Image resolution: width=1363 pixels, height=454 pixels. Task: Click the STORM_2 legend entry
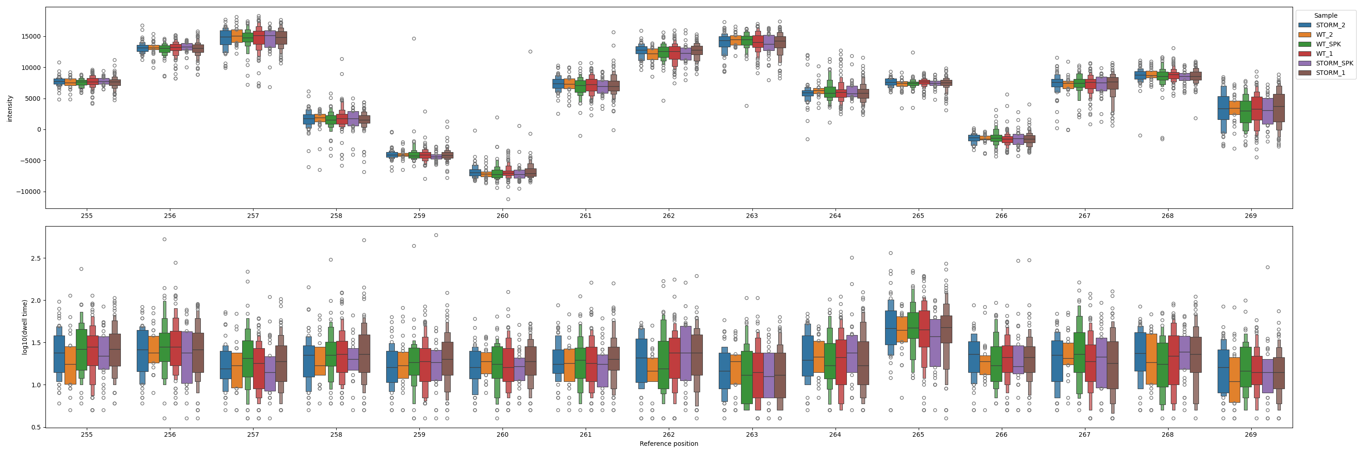point(1330,25)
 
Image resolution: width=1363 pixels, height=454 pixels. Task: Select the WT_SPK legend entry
point(1328,44)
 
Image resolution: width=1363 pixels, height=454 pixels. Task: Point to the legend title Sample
point(1325,15)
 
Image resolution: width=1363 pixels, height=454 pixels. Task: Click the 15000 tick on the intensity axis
point(31,36)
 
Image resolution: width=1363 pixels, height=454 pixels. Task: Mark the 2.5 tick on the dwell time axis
point(35,258)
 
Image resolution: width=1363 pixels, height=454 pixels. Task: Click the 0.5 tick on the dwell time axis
point(35,427)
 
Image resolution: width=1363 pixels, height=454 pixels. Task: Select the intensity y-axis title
point(10,109)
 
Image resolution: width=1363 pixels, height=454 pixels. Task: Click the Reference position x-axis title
point(668,444)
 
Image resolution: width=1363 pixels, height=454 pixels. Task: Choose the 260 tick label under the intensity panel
point(502,216)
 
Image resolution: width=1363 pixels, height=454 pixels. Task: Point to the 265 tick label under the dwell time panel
point(918,434)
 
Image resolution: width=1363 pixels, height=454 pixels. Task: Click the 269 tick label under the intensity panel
point(1250,216)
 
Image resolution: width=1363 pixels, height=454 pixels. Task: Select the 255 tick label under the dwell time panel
point(87,434)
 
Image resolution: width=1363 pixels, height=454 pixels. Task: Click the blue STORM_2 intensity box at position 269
point(1223,109)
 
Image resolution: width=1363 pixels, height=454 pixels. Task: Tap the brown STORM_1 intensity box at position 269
point(1279,109)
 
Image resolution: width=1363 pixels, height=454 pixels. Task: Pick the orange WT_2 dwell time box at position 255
point(70,365)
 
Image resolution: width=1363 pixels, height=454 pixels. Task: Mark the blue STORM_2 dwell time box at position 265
point(890,328)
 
